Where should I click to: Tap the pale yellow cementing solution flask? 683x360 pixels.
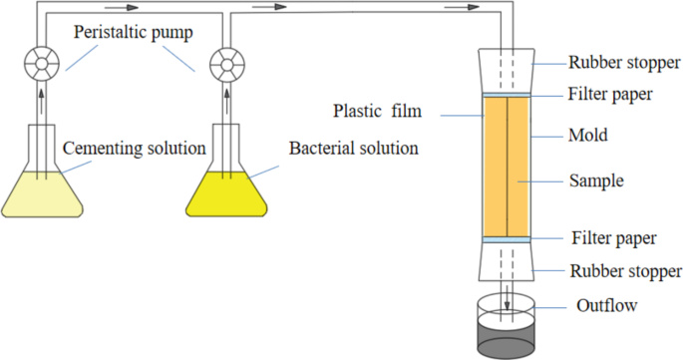click(42, 191)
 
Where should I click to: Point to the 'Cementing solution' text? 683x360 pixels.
click(134, 149)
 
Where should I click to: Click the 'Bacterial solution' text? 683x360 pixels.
click(354, 149)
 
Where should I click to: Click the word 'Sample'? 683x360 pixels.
click(595, 181)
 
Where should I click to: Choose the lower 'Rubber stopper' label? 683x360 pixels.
click(625, 270)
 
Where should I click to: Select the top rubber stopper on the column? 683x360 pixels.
click(508, 70)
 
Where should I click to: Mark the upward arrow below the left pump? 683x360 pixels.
click(41, 100)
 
